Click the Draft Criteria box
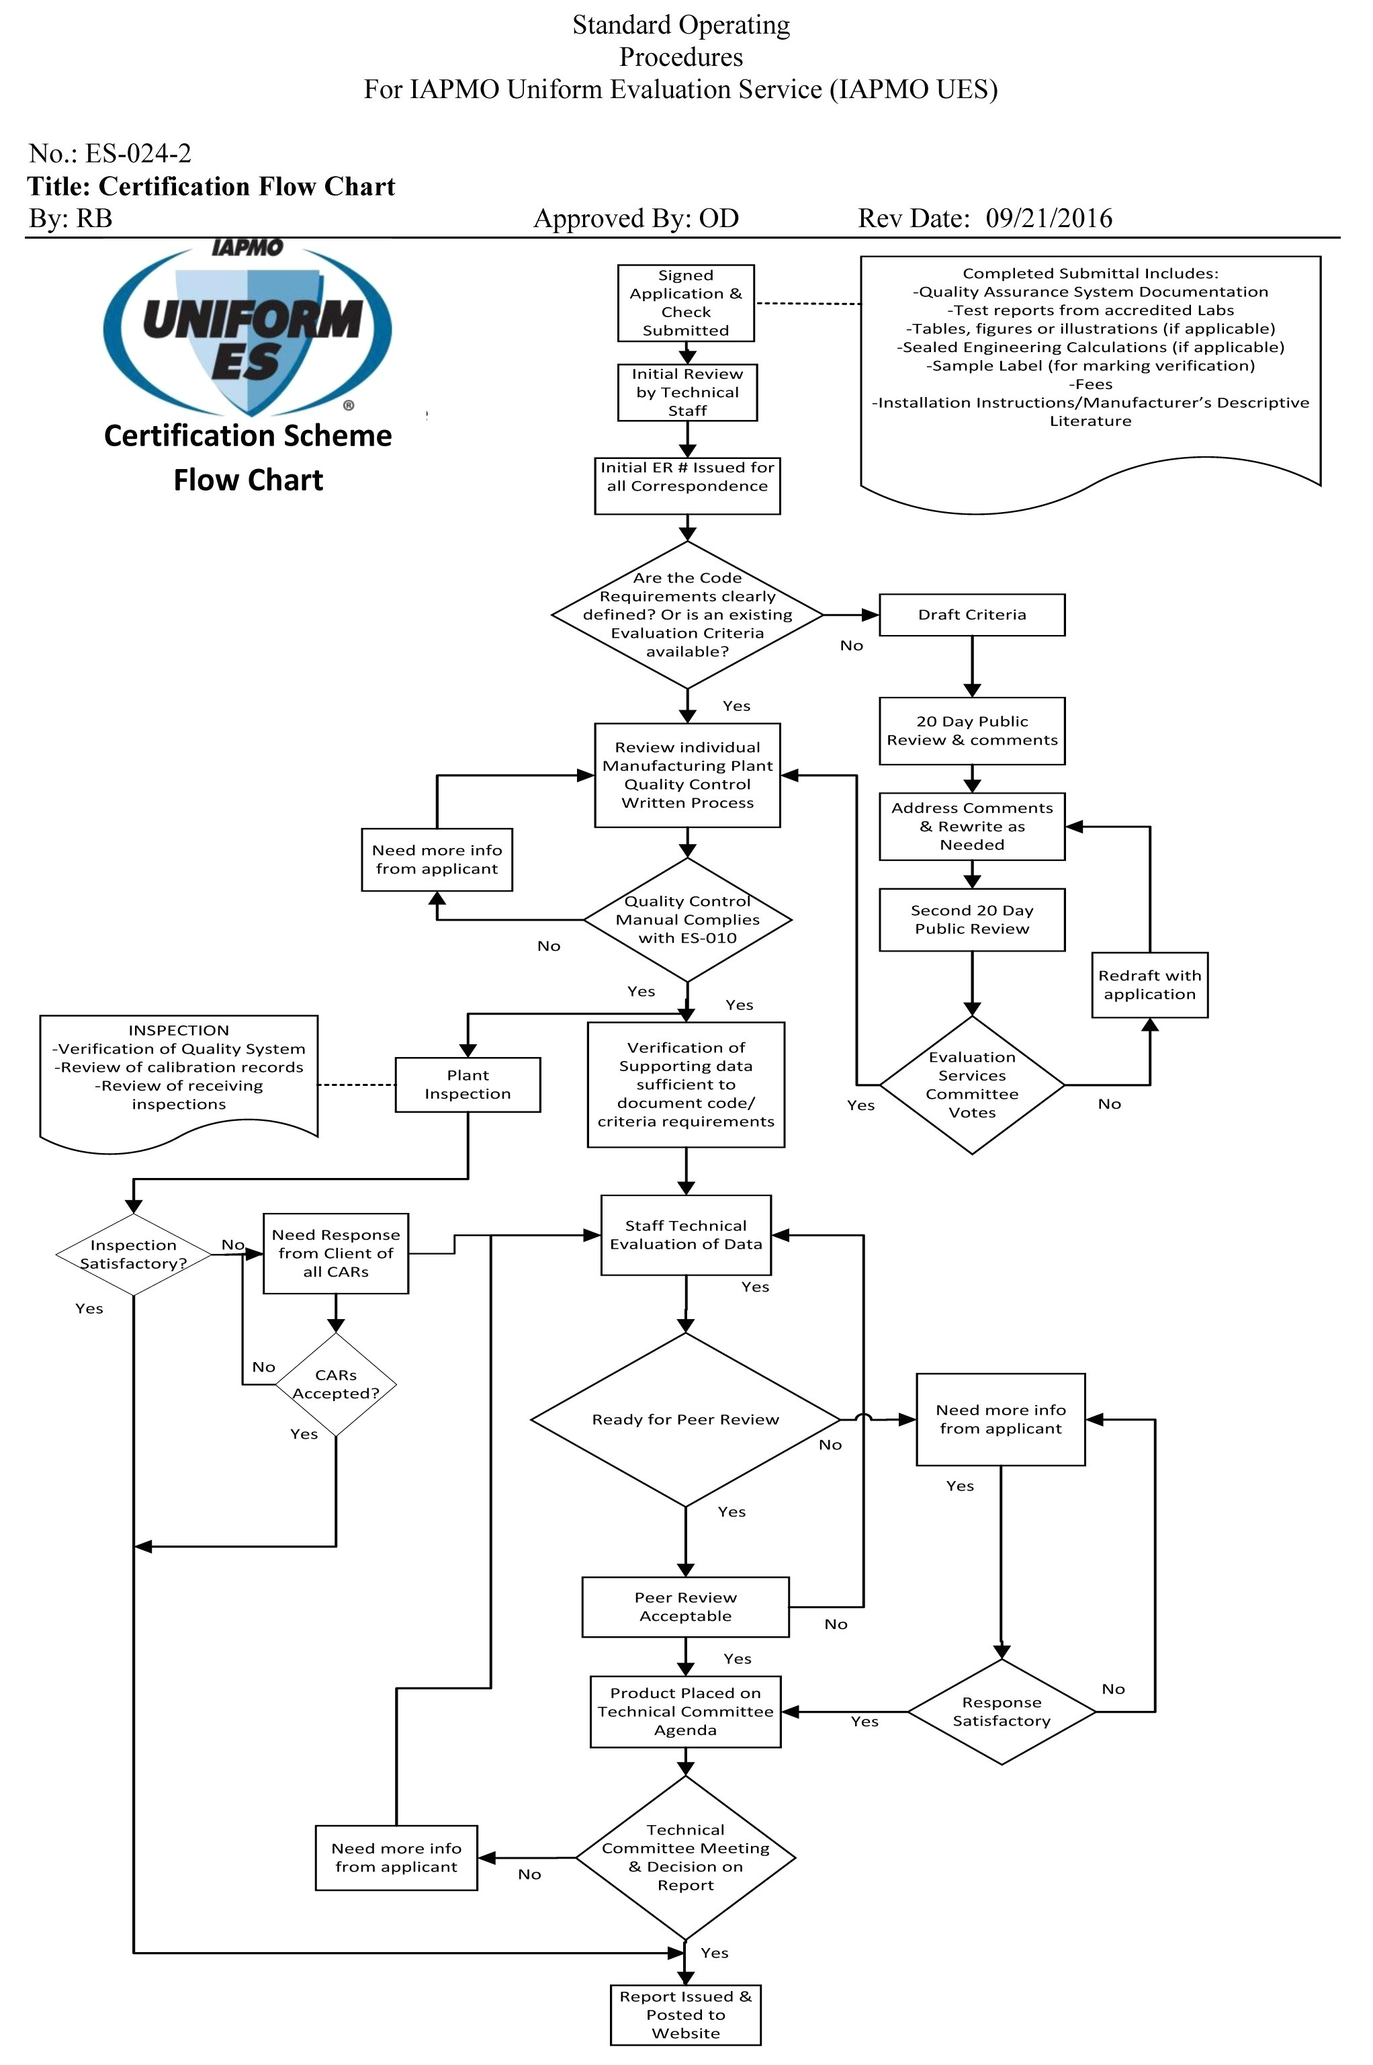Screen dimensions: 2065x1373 (971, 615)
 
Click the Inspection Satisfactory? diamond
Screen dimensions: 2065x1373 (133, 1254)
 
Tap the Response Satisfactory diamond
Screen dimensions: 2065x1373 (1001, 1711)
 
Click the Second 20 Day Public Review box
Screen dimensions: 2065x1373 (971, 919)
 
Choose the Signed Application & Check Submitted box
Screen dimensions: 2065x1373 (686, 303)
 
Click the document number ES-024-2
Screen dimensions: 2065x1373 (138, 154)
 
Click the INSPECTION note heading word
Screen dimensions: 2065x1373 (179, 1031)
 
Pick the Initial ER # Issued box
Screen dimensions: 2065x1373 (686, 485)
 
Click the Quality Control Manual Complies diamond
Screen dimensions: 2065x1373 (687, 919)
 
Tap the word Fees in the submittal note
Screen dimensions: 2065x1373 (1090, 384)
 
